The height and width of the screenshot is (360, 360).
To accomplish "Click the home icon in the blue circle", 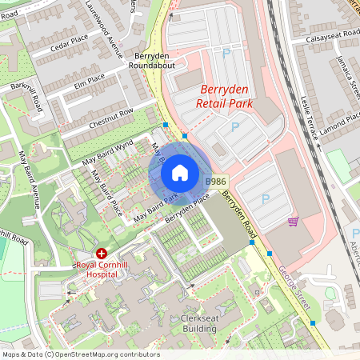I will (x=180, y=173).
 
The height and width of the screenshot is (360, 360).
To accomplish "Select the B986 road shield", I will (x=215, y=183).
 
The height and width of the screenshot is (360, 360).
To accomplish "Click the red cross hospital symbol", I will (x=101, y=252).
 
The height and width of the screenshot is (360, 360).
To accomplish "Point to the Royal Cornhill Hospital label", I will (x=107, y=269).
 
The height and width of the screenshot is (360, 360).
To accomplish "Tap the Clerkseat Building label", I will (x=193, y=322).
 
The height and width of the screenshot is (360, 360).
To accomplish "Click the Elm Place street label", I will (x=89, y=79).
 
